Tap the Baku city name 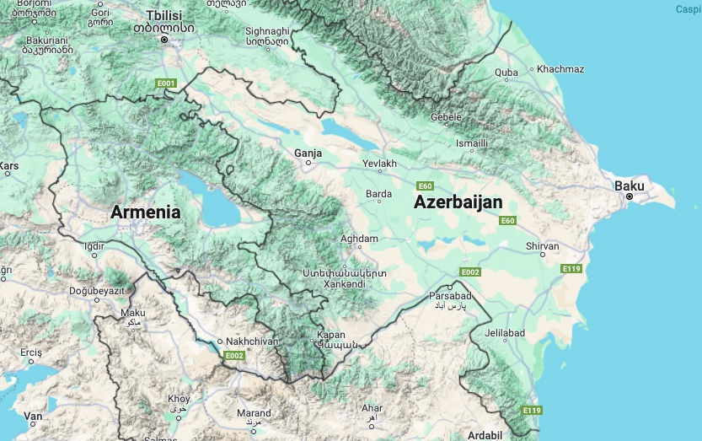click(630, 185)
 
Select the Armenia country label click(145, 212)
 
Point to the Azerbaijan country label click(458, 202)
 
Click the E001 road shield click(165, 83)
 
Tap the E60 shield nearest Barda click(426, 186)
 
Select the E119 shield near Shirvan click(571, 268)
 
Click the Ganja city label click(308, 153)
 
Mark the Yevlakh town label click(378, 163)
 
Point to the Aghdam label click(359, 239)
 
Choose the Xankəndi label click(344, 284)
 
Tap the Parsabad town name click(451, 296)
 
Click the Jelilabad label click(504, 333)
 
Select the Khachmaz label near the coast click(560, 69)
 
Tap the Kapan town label click(331, 335)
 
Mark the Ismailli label click(472, 143)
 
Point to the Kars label click(10, 166)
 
